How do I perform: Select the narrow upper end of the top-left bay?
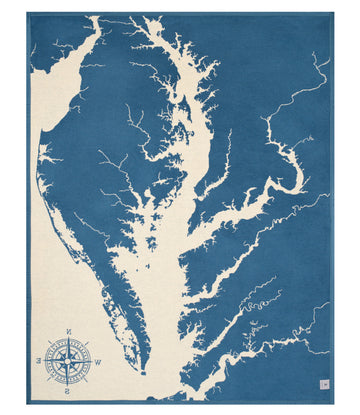pos(97,20)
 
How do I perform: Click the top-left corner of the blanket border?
pos(27,13)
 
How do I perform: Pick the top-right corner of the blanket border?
pos(333,13)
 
